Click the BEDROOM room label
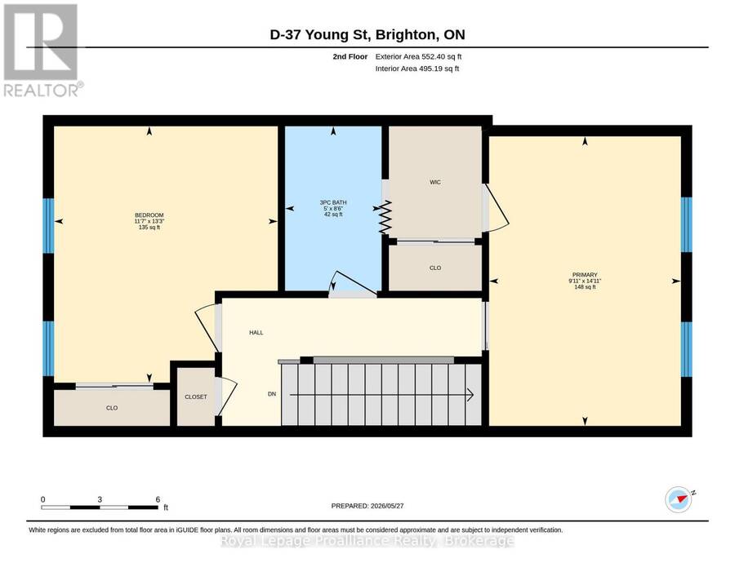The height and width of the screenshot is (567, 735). (149, 215)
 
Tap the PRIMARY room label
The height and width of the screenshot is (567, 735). (585, 275)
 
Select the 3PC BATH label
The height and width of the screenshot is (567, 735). (333, 203)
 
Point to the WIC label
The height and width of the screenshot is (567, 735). (435, 182)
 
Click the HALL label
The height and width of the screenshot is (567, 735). (256, 332)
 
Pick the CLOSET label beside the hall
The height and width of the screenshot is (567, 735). (196, 396)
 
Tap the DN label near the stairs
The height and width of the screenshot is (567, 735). (272, 394)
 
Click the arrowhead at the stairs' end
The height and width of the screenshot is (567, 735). (470, 395)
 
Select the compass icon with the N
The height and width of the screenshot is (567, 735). (679, 500)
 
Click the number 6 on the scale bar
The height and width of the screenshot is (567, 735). (158, 499)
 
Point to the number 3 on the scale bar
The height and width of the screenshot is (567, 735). (100, 499)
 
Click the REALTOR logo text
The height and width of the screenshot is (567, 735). (42, 90)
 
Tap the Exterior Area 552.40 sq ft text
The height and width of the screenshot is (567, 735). (419, 56)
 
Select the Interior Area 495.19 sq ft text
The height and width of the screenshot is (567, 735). (417, 69)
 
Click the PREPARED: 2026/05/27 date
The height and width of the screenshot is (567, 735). (367, 506)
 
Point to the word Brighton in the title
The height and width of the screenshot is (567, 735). (403, 34)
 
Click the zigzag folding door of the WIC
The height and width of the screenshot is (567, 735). (385, 217)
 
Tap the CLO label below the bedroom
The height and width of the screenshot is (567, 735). (112, 408)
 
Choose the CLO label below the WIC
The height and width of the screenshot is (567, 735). (435, 268)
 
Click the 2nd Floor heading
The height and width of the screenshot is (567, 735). (350, 56)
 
